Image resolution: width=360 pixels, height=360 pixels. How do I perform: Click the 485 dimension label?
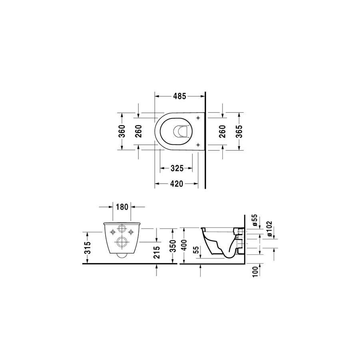pyautogui.click(x=179, y=96)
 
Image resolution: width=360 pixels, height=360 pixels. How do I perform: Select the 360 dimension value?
pyautogui.click(x=122, y=131)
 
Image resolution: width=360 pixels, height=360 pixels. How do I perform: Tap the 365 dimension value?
pyautogui.click(x=239, y=131)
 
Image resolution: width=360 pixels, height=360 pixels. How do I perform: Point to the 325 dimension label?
pyautogui.click(x=177, y=168)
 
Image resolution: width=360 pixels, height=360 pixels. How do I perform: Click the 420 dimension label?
pyautogui.click(x=176, y=184)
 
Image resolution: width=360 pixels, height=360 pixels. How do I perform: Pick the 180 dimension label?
pyautogui.click(x=122, y=207)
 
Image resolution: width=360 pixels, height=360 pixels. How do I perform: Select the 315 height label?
pyautogui.click(x=88, y=248)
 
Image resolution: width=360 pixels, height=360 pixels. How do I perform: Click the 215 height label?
pyautogui.click(x=156, y=252)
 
